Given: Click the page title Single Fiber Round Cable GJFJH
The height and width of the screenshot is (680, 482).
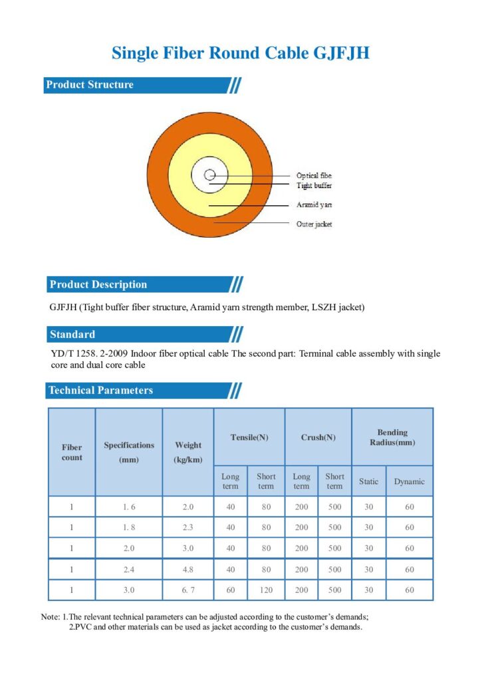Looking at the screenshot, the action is pyautogui.click(x=241, y=53).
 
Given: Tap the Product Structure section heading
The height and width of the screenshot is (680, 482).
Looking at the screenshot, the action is pyautogui.click(x=90, y=84).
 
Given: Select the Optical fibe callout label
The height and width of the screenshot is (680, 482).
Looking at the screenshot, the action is pyautogui.click(x=314, y=175).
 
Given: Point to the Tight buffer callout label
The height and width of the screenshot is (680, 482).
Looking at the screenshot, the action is pyautogui.click(x=314, y=186).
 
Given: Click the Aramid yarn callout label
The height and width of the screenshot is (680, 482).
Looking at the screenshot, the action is pyautogui.click(x=314, y=205).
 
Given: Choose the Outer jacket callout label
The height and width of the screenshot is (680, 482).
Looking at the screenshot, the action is pyautogui.click(x=314, y=224).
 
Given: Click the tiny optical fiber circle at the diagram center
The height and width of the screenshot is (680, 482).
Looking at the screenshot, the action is pyautogui.click(x=210, y=175).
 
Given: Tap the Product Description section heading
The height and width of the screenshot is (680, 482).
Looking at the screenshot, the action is pyautogui.click(x=98, y=284).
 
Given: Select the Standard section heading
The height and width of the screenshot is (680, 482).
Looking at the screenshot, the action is pyautogui.click(x=72, y=335).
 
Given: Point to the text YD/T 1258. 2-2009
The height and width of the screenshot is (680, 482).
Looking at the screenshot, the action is pyautogui.click(x=89, y=353).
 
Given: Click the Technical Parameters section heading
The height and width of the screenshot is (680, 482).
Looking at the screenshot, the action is pyautogui.click(x=101, y=390).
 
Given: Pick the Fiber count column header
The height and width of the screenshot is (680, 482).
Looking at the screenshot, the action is pyautogui.click(x=72, y=452).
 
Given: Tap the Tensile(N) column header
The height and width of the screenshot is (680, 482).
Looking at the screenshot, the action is pyautogui.click(x=249, y=438).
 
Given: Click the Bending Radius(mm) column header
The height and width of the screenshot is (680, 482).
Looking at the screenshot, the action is pyautogui.click(x=392, y=438).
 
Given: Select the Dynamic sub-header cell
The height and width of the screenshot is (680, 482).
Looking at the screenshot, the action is pyautogui.click(x=409, y=481).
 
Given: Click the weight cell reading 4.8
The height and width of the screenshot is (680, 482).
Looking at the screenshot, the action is pyautogui.click(x=188, y=569).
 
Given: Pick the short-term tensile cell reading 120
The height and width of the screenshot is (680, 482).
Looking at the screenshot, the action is pyautogui.click(x=266, y=590).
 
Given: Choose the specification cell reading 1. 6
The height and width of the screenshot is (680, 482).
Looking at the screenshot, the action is pyautogui.click(x=129, y=507).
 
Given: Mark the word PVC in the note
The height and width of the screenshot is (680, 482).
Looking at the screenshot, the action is pyautogui.click(x=83, y=627).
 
